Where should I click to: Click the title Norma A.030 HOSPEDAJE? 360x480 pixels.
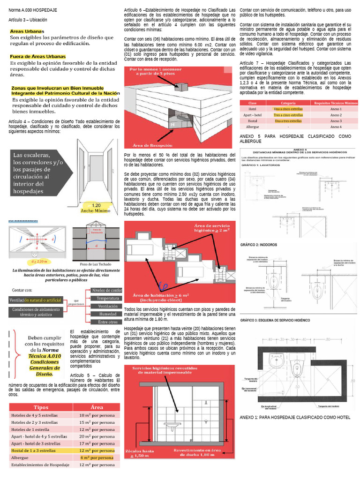[33, 10]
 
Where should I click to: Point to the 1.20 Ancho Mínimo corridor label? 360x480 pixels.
[96, 208]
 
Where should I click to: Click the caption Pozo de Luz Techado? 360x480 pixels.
[96, 264]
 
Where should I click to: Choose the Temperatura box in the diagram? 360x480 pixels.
[107, 298]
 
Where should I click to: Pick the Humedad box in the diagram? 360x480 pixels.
[107, 314]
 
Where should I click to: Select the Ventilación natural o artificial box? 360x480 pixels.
[36, 300]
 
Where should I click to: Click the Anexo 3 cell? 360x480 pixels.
[336, 121]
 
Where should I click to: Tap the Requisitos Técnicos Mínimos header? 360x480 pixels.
[336, 103]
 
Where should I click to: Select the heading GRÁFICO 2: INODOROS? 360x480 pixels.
[260, 245]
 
